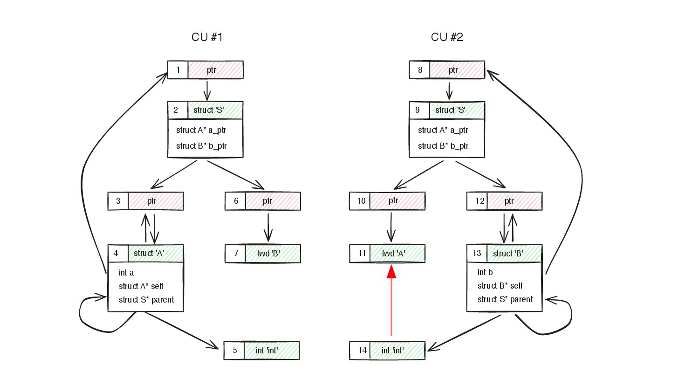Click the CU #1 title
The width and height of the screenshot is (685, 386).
[x=207, y=37]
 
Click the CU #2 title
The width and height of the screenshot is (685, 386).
[x=447, y=37]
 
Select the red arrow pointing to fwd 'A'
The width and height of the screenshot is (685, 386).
[x=391, y=300]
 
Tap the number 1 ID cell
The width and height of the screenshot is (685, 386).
[x=178, y=70]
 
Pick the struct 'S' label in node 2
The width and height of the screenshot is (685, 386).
[x=209, y=110]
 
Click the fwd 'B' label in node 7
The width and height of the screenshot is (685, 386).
[x=268, y=254]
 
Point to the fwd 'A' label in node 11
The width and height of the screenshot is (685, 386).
[x=394, y=254]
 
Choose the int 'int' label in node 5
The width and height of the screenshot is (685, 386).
[x=267, y=351]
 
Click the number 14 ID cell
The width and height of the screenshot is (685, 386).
[x=363, y=350]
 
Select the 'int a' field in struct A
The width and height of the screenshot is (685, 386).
[x=126, y=273]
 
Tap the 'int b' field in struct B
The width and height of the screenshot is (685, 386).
[x=485, y=272]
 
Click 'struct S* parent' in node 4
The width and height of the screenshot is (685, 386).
[x=146, y=300]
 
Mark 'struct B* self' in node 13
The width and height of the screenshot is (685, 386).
[x=500, y=286]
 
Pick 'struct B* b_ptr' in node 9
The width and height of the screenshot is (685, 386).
[x=443, y=146]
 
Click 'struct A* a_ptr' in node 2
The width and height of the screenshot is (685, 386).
[x=201, y=130]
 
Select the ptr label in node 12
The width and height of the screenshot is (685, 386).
[x=509, y=201]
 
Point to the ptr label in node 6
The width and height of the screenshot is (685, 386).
[x=267, y=201]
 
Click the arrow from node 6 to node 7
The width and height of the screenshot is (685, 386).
[x=268, y=227]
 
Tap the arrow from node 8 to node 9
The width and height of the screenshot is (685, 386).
[x=449, y=90]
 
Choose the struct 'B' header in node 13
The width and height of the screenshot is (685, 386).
[x=508, y=254]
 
